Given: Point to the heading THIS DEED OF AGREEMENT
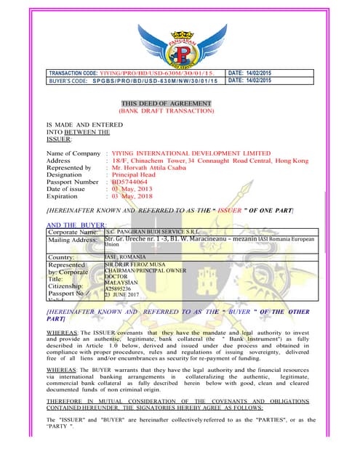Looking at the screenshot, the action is click(x=167, y=104).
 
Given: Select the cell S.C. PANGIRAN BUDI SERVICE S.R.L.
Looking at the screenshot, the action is click(x=149, y=232).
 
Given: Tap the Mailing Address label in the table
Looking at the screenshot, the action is click(x=72, y=240).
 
